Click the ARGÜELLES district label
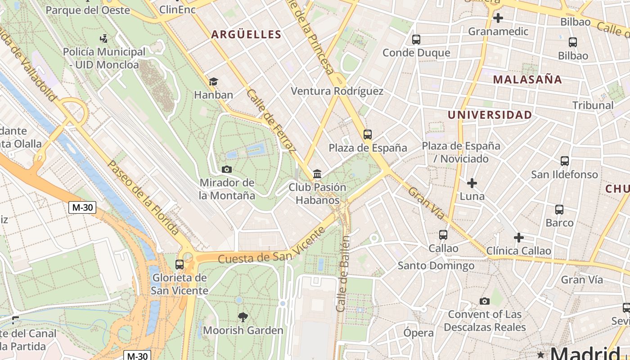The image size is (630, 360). [246, 35]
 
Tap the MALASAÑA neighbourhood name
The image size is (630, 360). [527, 80]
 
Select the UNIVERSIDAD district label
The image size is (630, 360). [490, 115]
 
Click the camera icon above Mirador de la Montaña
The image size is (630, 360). [227, 170]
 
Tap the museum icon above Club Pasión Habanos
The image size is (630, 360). [317, 174]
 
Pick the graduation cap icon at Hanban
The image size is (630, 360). [213, 81]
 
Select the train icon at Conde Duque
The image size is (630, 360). [416, 40]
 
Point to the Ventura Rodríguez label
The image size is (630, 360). [337, 91]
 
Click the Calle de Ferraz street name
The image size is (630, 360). [271, 120]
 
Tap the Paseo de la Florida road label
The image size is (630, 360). [143, 198]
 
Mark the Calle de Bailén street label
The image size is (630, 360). [343, 274]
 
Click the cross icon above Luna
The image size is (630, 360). [472, 183]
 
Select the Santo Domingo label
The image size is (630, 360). [436, 266]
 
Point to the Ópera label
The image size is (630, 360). [418, 333]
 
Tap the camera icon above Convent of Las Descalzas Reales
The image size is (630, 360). [484, 301]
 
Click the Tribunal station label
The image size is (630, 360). [593, 105]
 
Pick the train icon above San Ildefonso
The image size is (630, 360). [564, 161]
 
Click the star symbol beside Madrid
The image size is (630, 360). [541, 355]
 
